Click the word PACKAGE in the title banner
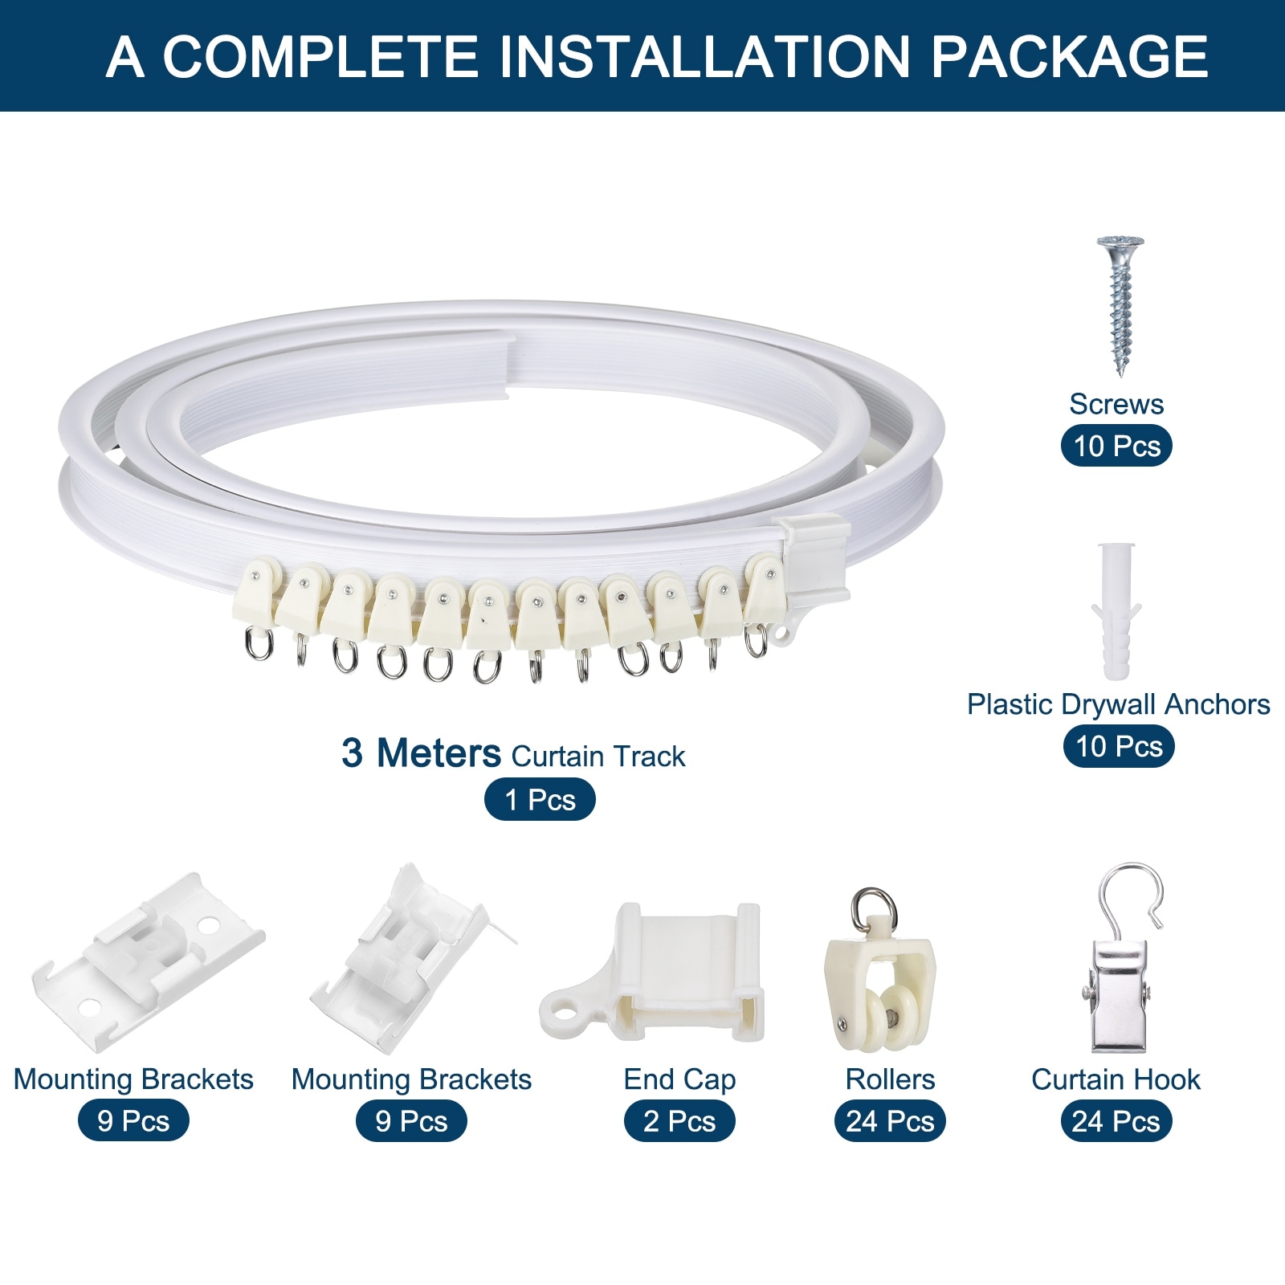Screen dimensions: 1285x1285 pyautogui.click(x=1069, y=56)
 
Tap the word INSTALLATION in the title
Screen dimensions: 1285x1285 pyautogui.click(x=704, y=56)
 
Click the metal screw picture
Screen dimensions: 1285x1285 pyautogui.click(x=1120, y=306)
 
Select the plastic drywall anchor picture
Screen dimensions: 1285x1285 pyautogui.click(x=1116, y=611)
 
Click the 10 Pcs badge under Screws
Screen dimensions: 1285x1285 pyautogui.click(x=1116, y=446)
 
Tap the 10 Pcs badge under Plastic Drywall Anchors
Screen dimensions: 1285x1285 pyautogui.click(x=1119, y=746)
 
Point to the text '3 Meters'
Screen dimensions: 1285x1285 pyautogui.click(x=421, y=753)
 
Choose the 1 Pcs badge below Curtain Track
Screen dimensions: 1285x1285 pyautogui.click(x=540, y=800)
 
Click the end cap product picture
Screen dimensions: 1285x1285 pyautogui.click(x=651, y=972)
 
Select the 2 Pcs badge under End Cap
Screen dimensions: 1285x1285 pyautogui.click(x=679, y=1121)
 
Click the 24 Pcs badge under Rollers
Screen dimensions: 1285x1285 pyautogui.click(x=890, y=1121)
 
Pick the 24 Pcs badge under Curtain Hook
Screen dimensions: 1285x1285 pyautogui.click(x=1116, y=1121)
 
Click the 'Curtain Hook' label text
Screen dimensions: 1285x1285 pyautogui.click(x=1116, y=1079)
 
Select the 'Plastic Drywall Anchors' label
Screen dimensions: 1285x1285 pyautogui.click(x=1118, y=704)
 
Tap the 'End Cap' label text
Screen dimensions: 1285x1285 pyautogui.click(x=679, y=1080)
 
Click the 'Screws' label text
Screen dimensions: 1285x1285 pyautogui.click(x=1116, y=404)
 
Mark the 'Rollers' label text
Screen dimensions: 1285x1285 pyautogui.click(x=890, y=1079)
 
